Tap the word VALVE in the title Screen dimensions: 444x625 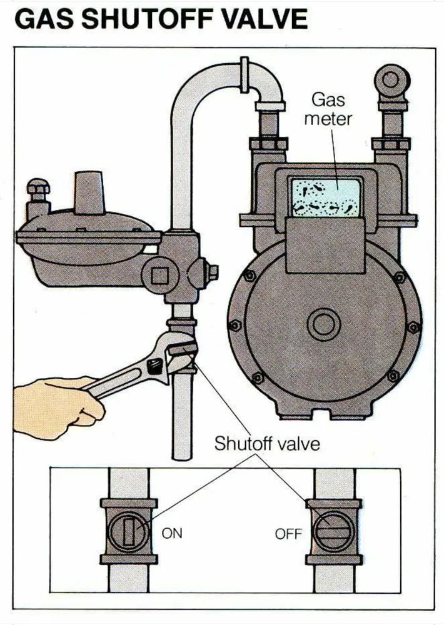[x=265, y=20]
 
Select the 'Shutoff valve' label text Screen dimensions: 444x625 [x=267, y=444]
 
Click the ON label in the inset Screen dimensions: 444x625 [x=172, y=534]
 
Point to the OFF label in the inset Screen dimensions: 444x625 [x=288, y=534]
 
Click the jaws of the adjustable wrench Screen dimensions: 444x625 [x=181, y=354]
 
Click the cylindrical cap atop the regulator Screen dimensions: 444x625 [x=89, y=191]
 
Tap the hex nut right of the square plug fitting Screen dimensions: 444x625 [x=212, y=272]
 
